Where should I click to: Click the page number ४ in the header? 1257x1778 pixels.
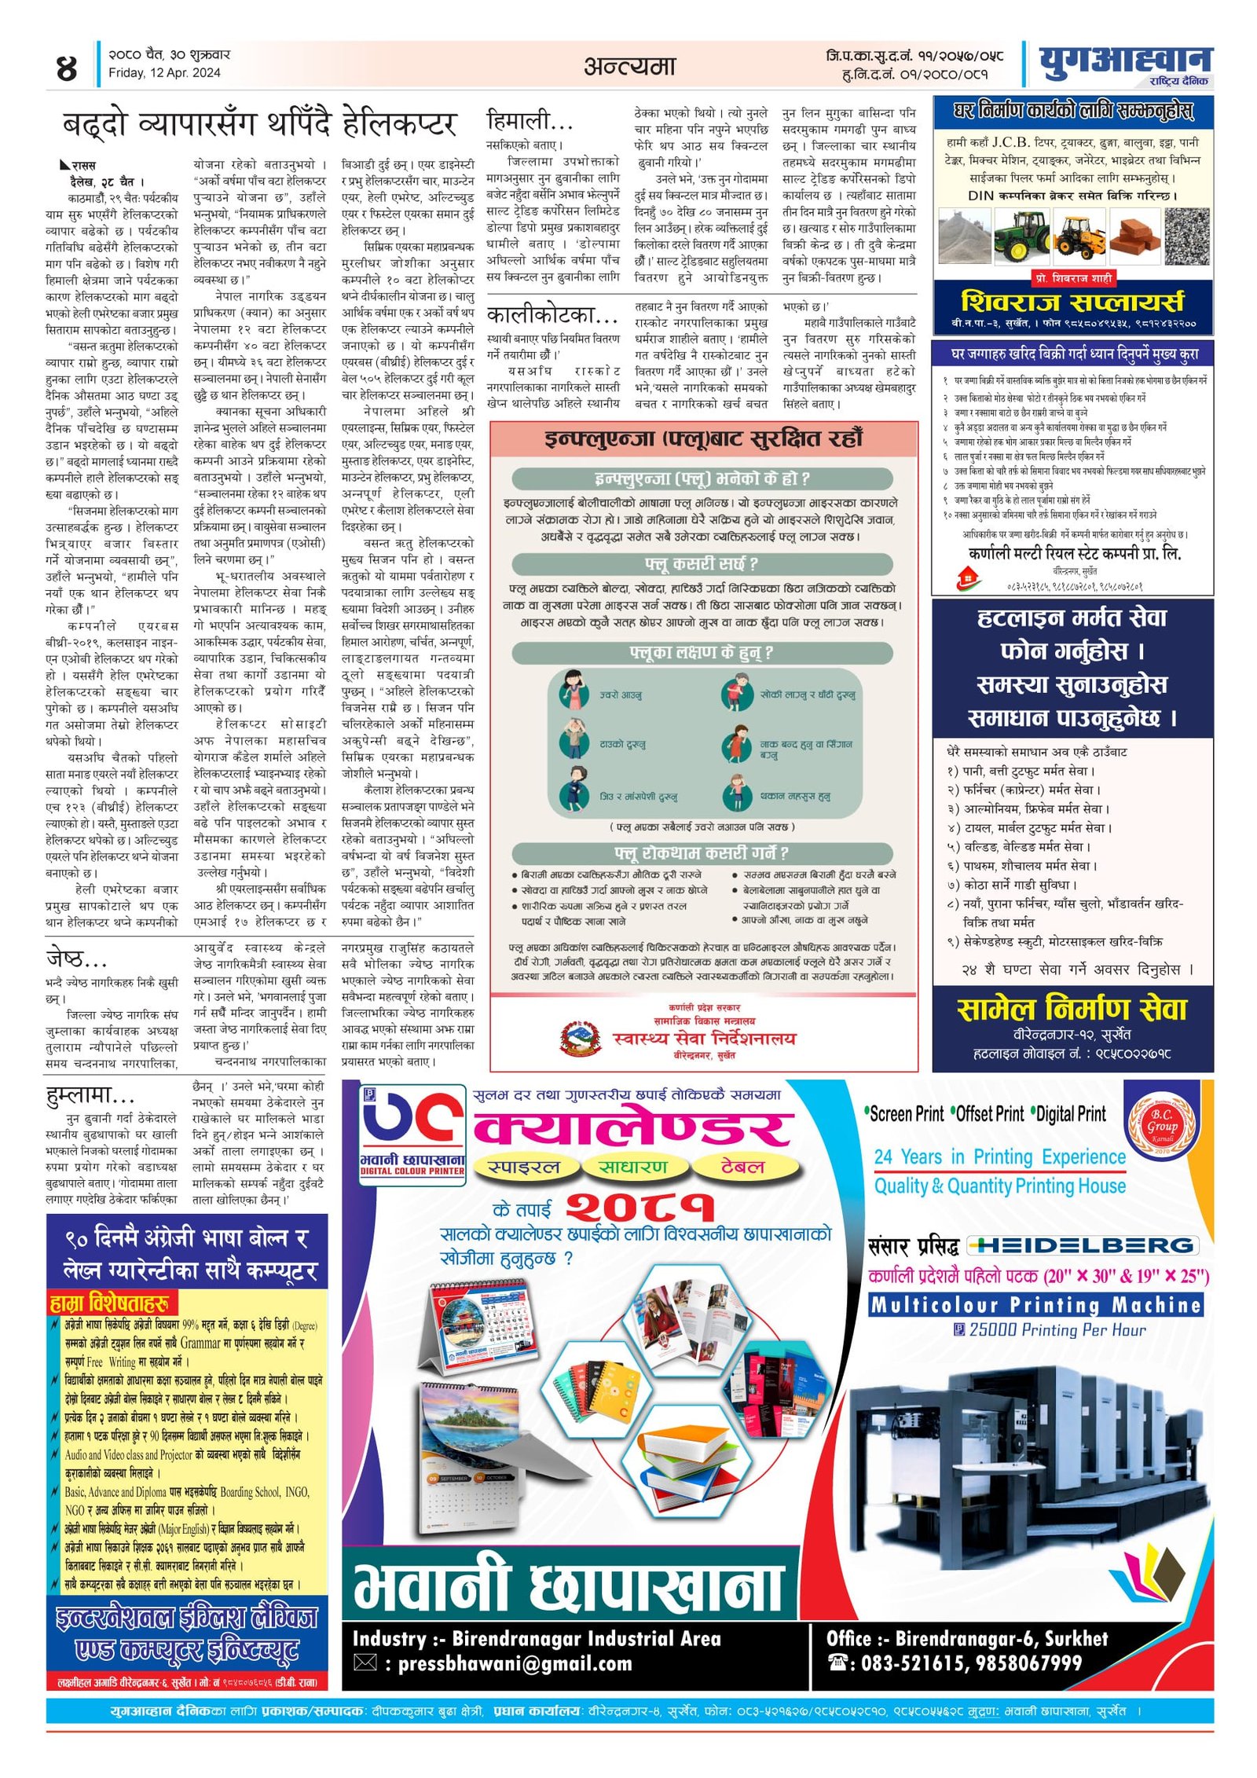(x=68, y=68)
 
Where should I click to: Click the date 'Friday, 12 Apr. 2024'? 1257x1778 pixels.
(x=164, y=73)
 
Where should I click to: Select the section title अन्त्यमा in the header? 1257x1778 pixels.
(x=629, y=66)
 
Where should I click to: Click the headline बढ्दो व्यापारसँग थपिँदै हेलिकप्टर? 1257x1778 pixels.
(x=259, y=124)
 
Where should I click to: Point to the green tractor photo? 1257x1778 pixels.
(x=1021, y=233)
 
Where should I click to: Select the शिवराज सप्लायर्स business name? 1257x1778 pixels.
(x=1072, y=302)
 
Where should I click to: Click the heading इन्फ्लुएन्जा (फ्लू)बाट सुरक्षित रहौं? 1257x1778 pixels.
(x=703, y=438)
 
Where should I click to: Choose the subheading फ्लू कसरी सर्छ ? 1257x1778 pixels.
(x=702, y=564)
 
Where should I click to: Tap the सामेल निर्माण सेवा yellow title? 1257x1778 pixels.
(x=1072, y=1009)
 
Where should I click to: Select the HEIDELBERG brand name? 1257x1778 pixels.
(x=1082, y=1245)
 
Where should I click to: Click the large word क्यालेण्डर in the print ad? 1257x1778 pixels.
(x=632, y=1127)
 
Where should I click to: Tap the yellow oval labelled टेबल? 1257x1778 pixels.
(x=742, y=1168)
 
